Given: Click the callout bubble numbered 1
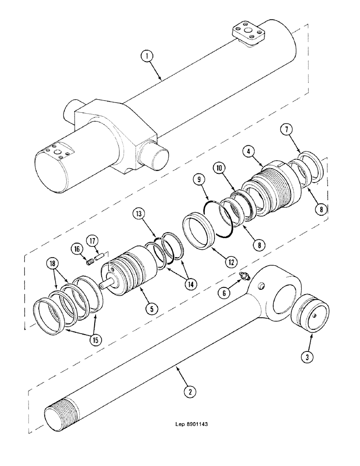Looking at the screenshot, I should point(147,57).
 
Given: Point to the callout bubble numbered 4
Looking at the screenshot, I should point(250,151).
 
